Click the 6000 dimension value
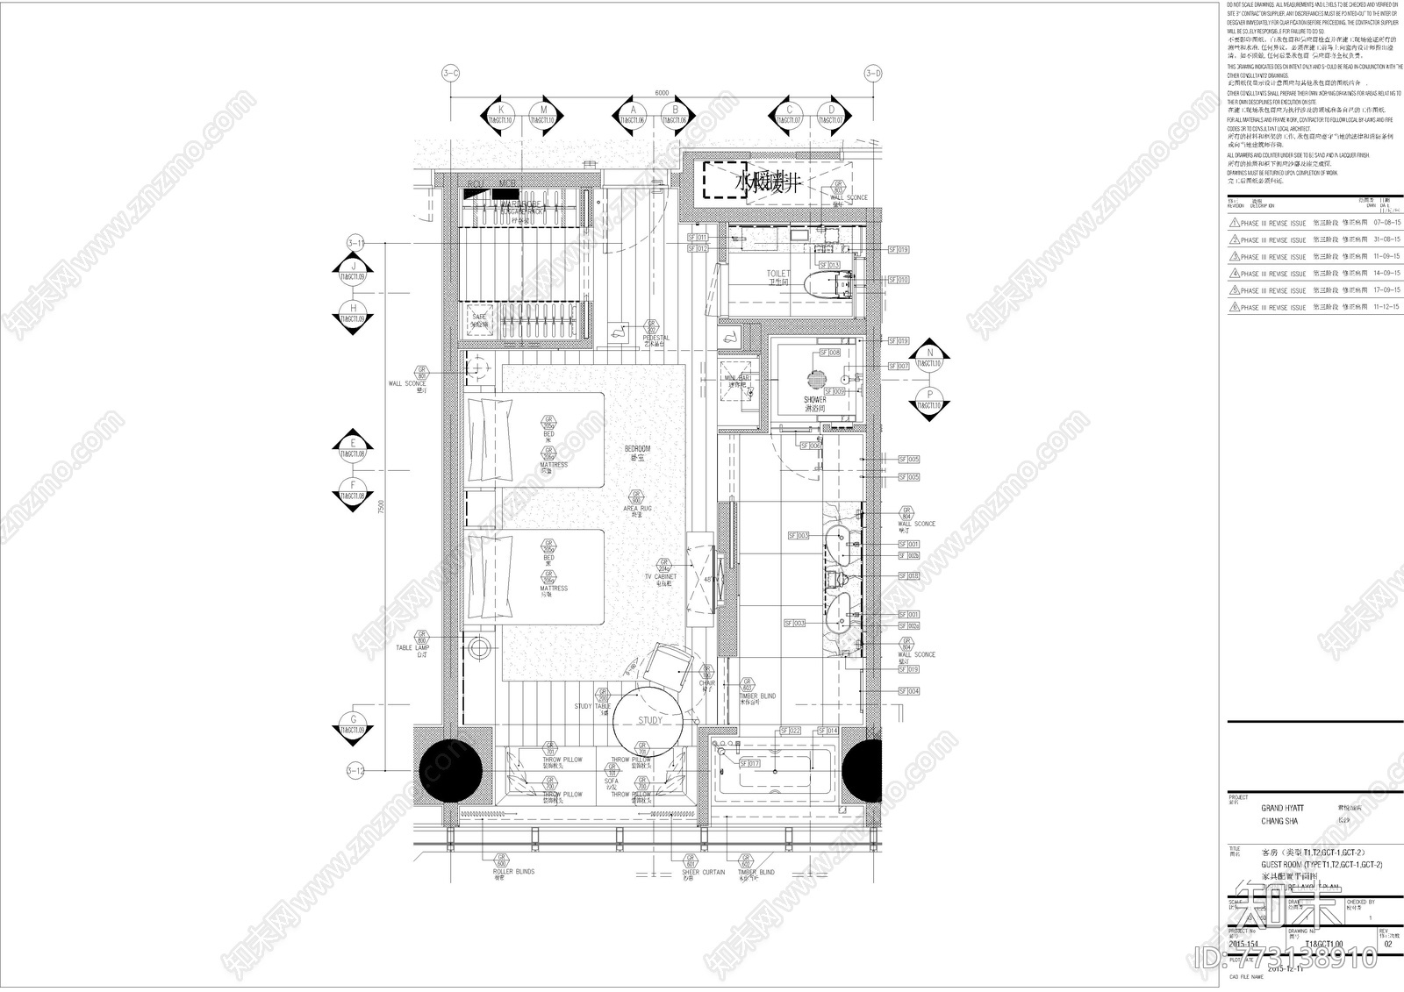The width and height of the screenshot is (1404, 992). coord(661,93)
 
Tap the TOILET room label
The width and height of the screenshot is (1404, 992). coord(778,274)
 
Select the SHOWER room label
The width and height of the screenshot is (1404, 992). coord(814,400)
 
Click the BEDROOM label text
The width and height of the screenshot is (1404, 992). coord(638,448)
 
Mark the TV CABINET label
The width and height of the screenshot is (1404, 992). coord(661,576)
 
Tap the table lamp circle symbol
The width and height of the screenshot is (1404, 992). coord(480,650)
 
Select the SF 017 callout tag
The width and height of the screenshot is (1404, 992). coord(749,764)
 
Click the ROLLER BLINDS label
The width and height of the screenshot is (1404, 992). coord(514,872)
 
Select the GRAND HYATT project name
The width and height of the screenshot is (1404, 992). coord(1282,808)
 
